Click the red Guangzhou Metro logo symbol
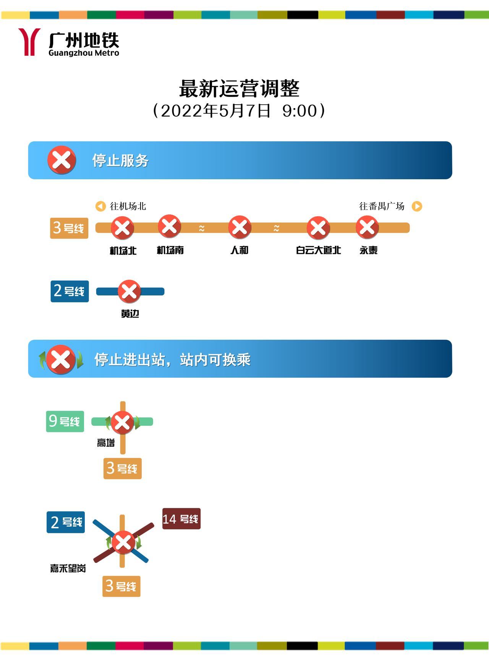pos(29,42)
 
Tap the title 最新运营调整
pos(240,89)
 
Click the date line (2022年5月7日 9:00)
pos(240,111)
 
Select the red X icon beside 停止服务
pos(62,160)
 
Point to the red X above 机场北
pos(122,228)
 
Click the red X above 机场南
pos(170,226)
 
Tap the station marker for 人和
pos(240,227)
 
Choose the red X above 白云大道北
pos(318,228)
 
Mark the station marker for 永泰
pos(367,227)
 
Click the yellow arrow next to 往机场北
pos(100,206)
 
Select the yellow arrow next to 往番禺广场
pos(417,206)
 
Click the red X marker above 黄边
pos(129,292)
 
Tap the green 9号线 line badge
pos(65,422)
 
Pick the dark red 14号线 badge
pos(181,519)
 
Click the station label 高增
pos(106,443)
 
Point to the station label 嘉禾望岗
pos(68,568)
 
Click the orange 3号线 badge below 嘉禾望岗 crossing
pos(121,586)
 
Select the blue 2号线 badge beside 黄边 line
pos(70,291)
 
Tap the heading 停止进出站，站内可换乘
pos(172,360)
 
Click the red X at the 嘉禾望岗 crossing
pos(123,542)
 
